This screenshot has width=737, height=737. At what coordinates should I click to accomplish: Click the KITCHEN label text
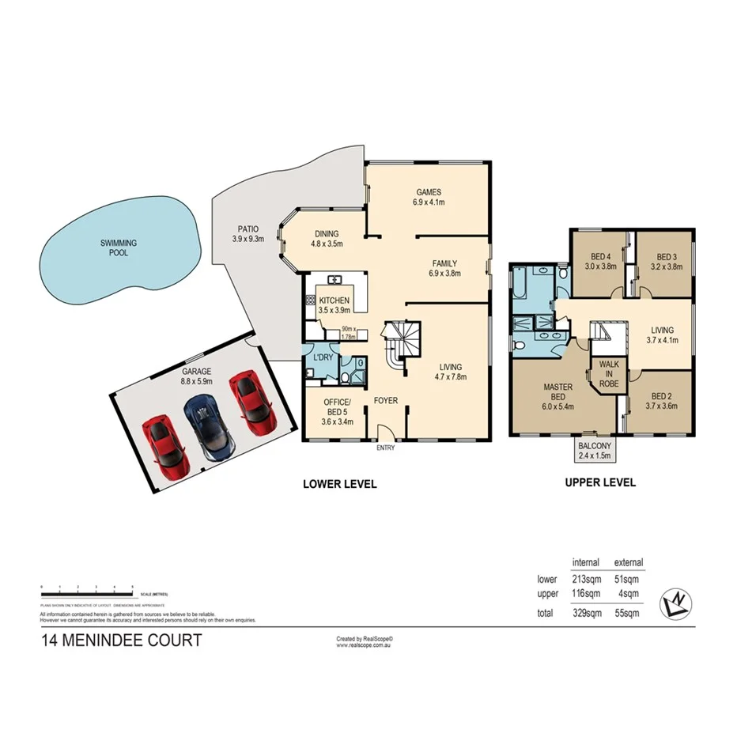click(x=334, y=300)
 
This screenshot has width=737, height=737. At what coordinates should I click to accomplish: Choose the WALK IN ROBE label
click(x=609, y=373)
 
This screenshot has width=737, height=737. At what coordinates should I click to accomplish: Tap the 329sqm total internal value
click(x=585, y=613)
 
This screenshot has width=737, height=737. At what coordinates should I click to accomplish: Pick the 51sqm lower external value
click(x=626, y=579)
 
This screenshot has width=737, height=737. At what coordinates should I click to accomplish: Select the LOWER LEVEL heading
click(x=340, y=484)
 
